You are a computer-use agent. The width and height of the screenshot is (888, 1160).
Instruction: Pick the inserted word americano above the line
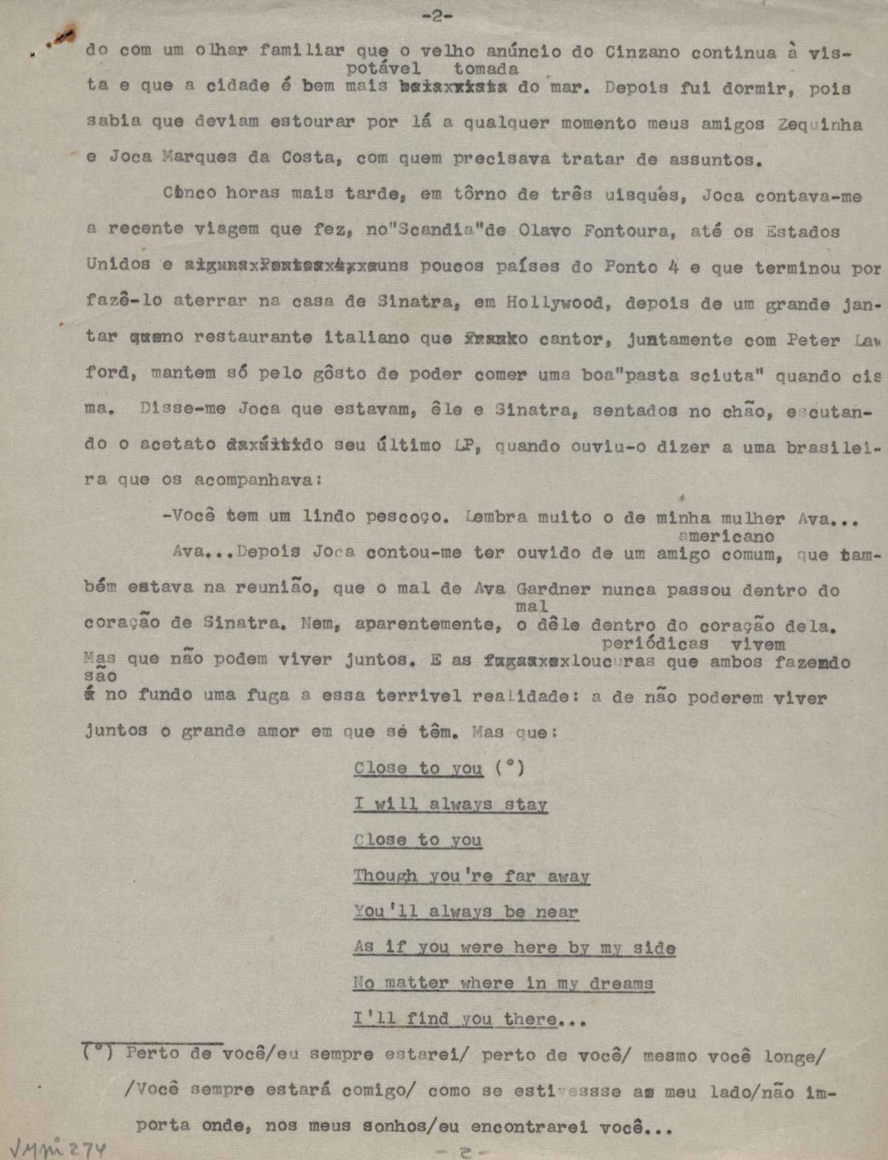[x=726, y=537]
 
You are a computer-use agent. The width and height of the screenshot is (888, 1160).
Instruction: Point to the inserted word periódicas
[x=655, y=643]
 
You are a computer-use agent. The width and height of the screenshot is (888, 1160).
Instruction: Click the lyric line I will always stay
[x=451, y=804]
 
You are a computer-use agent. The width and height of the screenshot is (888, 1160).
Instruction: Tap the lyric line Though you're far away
[x=471, y=875]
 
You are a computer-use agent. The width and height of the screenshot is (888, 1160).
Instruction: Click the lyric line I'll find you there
[x=469, y=1019]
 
